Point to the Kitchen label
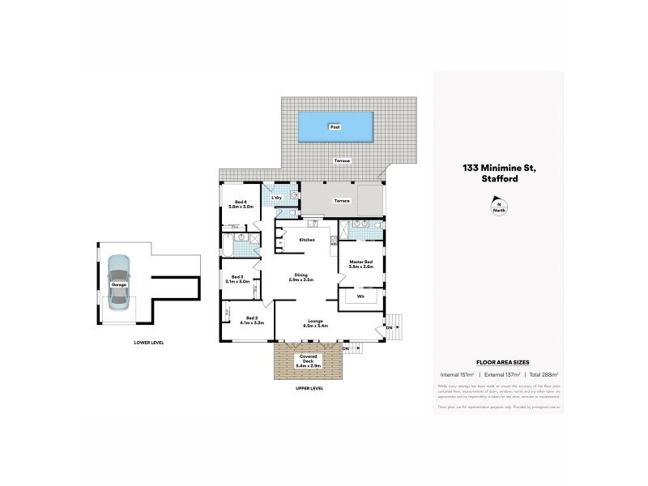point(306,240)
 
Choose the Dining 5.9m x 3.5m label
point(301,277)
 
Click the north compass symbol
point(498,207)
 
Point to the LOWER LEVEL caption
point(149,343)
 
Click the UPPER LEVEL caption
point(310,389)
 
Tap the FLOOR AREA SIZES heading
point(497,363)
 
